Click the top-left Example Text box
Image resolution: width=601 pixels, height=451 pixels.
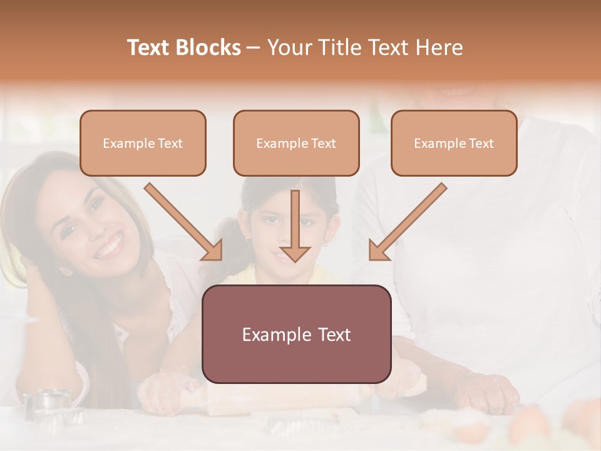click(x=143, y=143)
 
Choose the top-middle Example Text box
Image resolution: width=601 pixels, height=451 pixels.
click(x=296, y=143)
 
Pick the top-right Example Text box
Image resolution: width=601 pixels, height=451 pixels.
click(x=454, y=143)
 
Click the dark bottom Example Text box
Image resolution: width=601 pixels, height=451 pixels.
click(x=296, y=334)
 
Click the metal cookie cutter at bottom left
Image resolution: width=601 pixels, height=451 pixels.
click(x=53, y=405)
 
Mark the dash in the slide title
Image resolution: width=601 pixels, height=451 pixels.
click(x=254, y=48)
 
